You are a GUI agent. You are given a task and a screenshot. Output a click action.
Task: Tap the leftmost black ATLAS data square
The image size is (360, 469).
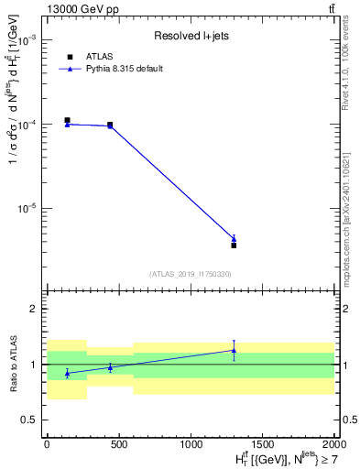[x=67, y=120]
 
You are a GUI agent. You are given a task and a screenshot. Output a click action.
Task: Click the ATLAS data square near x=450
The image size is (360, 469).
[x=110, y=125]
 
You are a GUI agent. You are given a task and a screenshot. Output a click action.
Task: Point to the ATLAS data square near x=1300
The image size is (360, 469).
[x=234, y=245]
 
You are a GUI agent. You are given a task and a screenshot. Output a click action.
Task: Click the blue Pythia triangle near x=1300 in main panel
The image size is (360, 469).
[x=234, y=239]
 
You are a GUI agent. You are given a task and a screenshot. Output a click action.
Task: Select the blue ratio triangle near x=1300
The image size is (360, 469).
[x=234, y=350]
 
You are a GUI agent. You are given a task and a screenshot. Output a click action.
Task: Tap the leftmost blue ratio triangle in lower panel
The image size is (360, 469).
[x=67, y=373]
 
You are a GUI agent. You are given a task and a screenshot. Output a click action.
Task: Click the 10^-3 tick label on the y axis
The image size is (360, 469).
[x=28, y=41]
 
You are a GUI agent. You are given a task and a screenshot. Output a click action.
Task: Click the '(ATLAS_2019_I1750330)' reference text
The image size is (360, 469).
[x=191, y=274]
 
